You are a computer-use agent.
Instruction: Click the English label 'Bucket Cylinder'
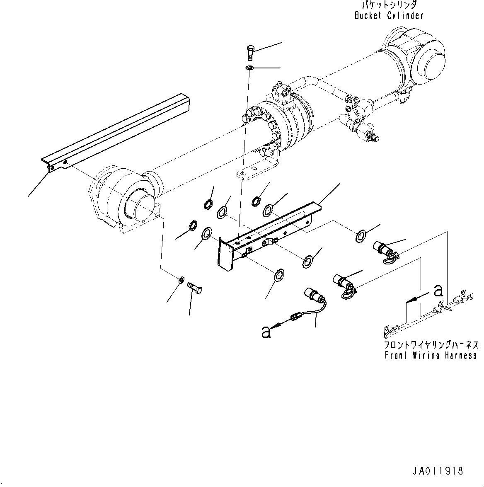[389, 16]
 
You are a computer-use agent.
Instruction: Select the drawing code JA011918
[437, 471]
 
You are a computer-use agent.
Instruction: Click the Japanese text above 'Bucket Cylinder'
[389, 5]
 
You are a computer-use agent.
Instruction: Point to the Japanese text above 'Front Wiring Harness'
[431, 345]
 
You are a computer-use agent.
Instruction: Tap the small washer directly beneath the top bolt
[249, 68]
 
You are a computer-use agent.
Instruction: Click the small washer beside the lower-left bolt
[181, 281]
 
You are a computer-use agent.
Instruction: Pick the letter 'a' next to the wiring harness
[438, 291]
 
